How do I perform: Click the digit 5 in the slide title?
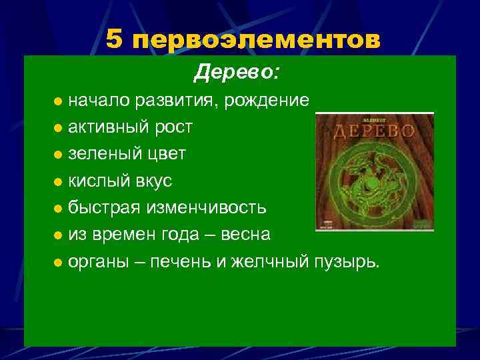click(115, 40)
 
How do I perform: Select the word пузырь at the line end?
click(347, 262)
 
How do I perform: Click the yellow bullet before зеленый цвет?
click(59, 155)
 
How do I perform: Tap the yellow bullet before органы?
click(59, 263)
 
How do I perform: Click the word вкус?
click(153, 181)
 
